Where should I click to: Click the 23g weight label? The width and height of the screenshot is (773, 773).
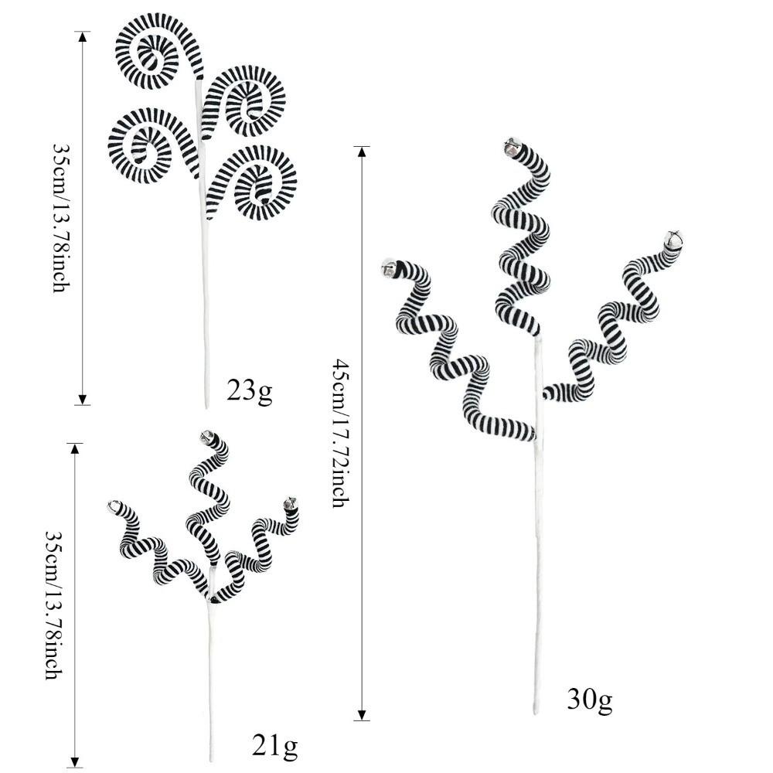pos(250,391)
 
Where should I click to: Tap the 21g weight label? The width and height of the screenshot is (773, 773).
pos(274,747)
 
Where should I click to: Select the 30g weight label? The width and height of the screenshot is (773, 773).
pos(590,700)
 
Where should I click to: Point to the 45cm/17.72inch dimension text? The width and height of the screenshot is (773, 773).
pos(341,433)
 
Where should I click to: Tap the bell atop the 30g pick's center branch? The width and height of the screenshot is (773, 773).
pos(512,147)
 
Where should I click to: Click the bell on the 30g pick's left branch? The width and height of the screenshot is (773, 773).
pos(390,268)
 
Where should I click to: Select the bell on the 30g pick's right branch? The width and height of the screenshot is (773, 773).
pos(674,239)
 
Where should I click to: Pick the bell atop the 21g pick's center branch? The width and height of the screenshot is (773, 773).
pos(207,436)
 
